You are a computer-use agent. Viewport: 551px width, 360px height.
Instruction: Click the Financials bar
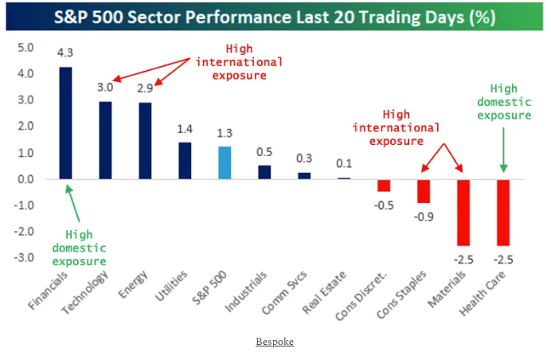click(65, 123)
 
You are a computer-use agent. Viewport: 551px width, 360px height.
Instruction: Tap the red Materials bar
click(463, 212)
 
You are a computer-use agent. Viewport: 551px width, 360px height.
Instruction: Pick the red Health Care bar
click(504, 212)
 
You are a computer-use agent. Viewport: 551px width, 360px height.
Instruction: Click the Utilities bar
click(185, 160)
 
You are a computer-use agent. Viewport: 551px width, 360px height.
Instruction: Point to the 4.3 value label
click(65, 53)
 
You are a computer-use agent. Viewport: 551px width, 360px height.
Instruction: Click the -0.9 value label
click(422, 217)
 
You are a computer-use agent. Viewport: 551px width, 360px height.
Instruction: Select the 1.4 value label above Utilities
click(185, 128)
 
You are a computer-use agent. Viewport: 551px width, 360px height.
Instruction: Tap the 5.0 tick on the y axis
click(26, 48)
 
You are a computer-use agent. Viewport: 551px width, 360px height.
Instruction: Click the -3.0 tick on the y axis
click(25, 258)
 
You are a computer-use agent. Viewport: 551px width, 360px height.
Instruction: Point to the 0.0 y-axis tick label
click(26, 179)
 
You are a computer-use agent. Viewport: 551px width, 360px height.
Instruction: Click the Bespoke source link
click(275, 341)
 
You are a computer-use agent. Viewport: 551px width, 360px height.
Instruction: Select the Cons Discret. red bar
click(384, 185)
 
